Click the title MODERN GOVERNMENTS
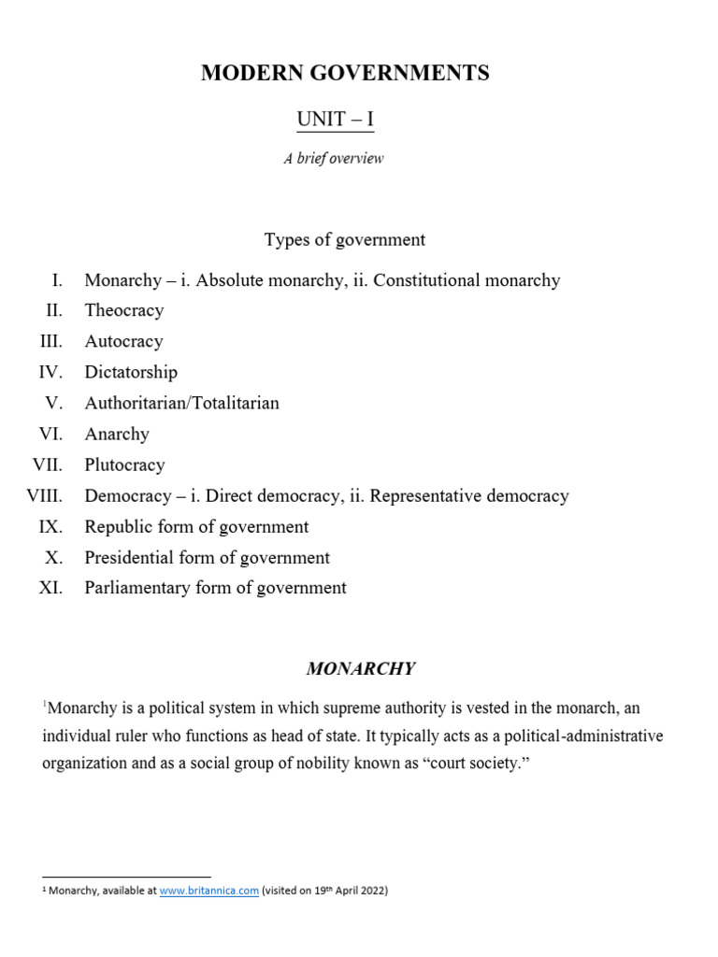344,74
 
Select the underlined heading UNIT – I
335,120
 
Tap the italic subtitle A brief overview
334,158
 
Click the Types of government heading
344,239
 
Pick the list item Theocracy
123,310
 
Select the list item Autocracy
123,341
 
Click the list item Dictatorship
131,372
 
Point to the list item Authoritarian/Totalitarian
181,403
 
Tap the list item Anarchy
117,434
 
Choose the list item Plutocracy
124,464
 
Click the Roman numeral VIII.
45,495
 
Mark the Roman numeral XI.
50,588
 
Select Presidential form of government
207,557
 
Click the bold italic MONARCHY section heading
361,669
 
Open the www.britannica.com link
208,891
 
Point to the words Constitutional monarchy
467,279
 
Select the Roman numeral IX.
50,526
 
